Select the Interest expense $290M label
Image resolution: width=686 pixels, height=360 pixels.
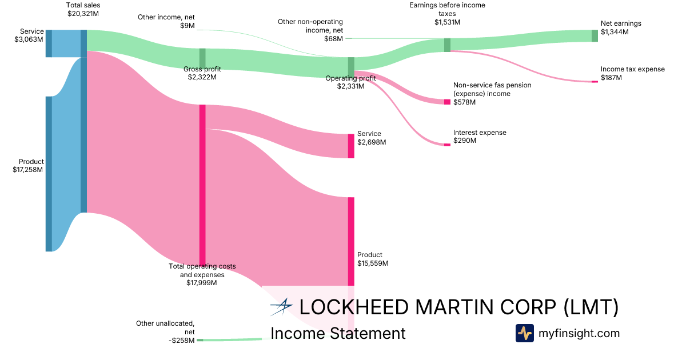click(x=480, y=137)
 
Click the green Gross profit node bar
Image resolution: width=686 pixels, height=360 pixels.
click(x=202, y=58)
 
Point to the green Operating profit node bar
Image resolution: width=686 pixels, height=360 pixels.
click(x=351, y=67)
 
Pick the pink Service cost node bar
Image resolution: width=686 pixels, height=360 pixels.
click(x=351, y=146)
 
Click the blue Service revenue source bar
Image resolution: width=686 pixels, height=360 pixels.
click(x=49, y=43)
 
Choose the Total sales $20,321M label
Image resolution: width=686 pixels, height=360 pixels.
click(x=83, y=9)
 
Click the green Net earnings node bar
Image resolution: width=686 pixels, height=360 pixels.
click(x=595, y=35)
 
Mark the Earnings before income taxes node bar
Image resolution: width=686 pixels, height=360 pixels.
click(x=447, y=45)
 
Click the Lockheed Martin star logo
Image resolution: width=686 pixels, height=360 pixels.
click(x=282, y=307)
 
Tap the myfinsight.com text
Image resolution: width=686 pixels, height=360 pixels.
click(x=579, y=333)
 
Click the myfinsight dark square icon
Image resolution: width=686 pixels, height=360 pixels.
click(x=525, y=333)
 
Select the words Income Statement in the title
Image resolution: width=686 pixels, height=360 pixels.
click(x=338, y=333)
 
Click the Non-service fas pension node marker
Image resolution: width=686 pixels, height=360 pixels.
click(x=447, y=102)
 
